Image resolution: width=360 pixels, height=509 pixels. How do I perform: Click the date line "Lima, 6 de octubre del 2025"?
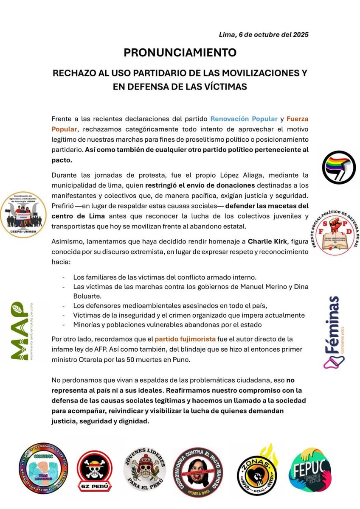point(263,34)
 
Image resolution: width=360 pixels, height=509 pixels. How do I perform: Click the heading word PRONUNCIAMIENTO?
point(180,53)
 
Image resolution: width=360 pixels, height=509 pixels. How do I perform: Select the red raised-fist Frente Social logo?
point(338,232)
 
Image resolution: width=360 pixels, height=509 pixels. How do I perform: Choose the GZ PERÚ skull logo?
point(94,470)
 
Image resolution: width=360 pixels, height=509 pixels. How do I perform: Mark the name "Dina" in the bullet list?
point(300,287)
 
